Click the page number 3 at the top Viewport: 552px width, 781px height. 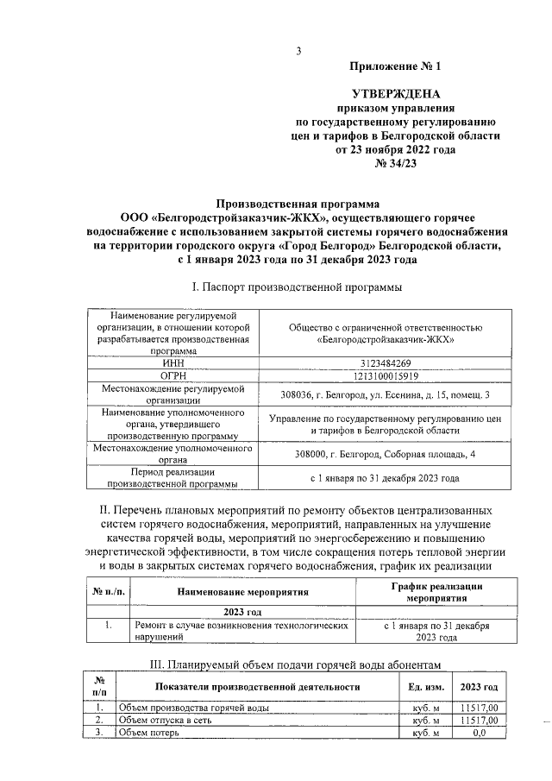pos(298,50)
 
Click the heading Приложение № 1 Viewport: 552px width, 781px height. pos(394,67)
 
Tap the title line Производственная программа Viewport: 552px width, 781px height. pos(297,205)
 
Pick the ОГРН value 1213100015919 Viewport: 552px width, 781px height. pos(385,376)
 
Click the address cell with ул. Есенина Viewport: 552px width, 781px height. pos(385,394)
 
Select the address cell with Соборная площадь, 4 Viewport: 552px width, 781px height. pos(385,454)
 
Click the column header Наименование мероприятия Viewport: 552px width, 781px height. pos(243,593)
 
